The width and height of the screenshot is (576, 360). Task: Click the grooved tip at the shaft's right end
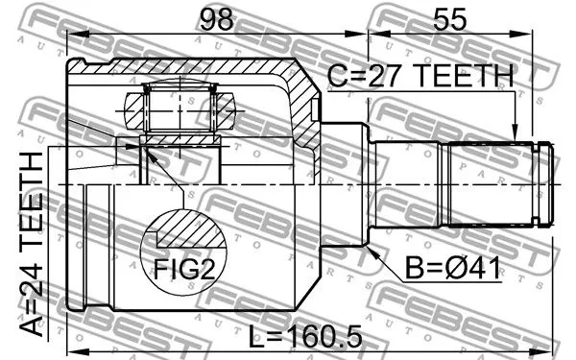[x=545, y=183]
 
